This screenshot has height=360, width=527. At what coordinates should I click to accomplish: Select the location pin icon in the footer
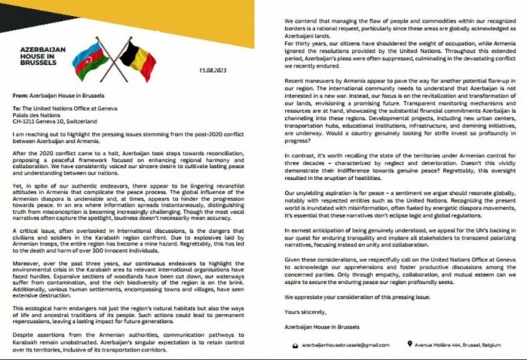(408, 345)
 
